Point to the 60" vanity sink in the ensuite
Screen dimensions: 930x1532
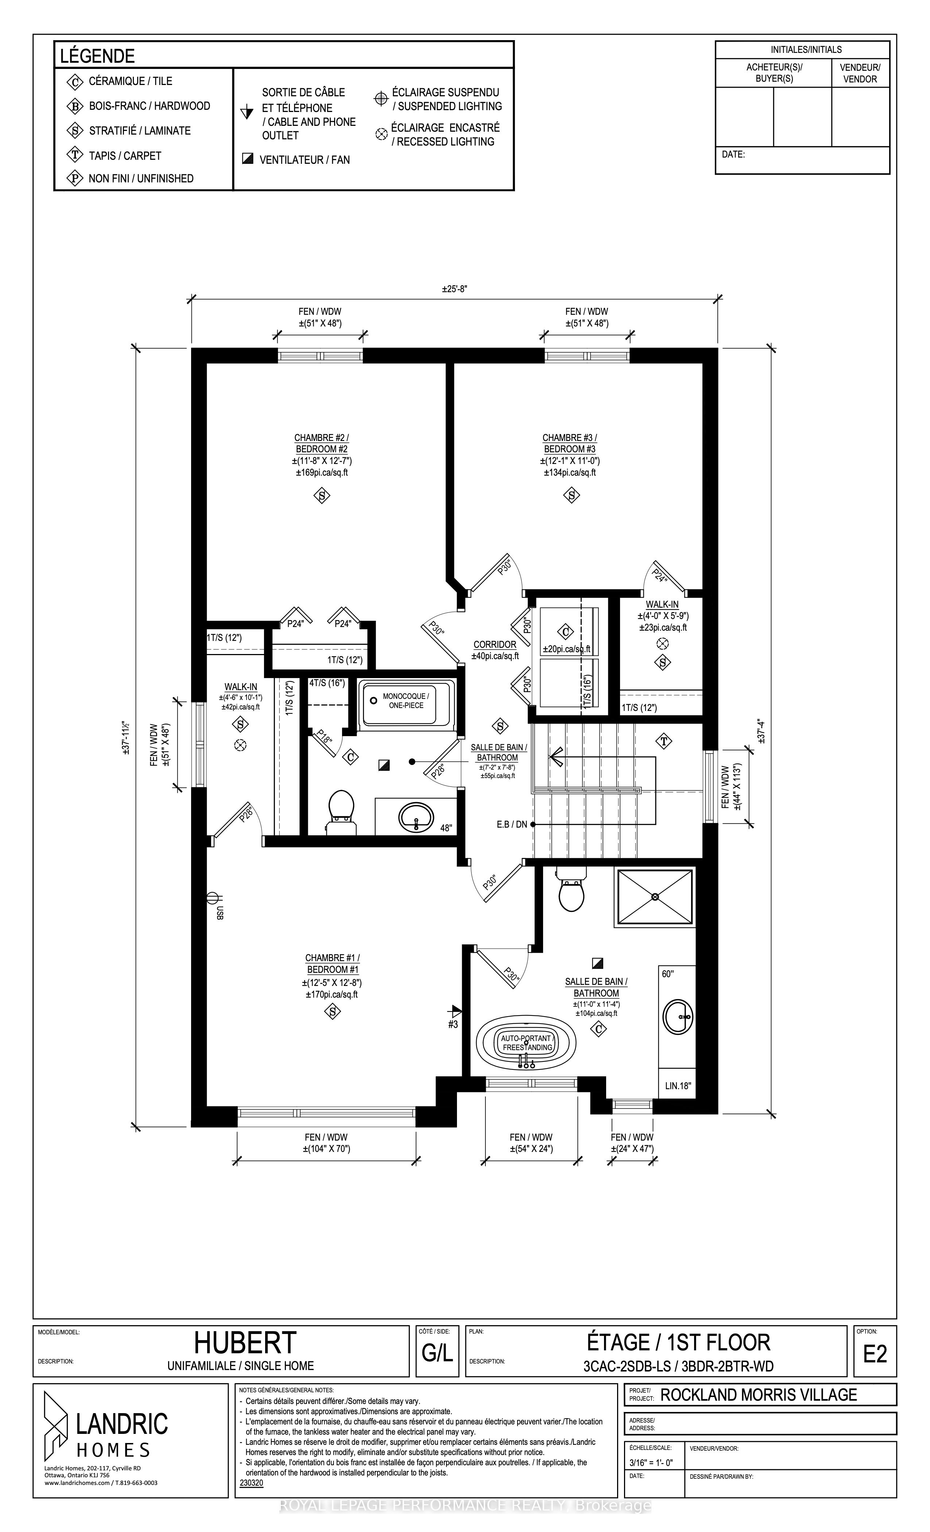click(679, 1017)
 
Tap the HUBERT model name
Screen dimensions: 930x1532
click(245, 1344)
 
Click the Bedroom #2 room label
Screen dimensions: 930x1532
click(321, 443)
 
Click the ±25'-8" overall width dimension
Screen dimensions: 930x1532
click(454, 289)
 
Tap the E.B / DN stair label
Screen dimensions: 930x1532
click(512, 824)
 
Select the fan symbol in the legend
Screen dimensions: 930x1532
click(247, 159)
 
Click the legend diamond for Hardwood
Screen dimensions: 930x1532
click(75, 106)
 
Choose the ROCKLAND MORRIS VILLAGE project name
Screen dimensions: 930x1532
click(759, 1394)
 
